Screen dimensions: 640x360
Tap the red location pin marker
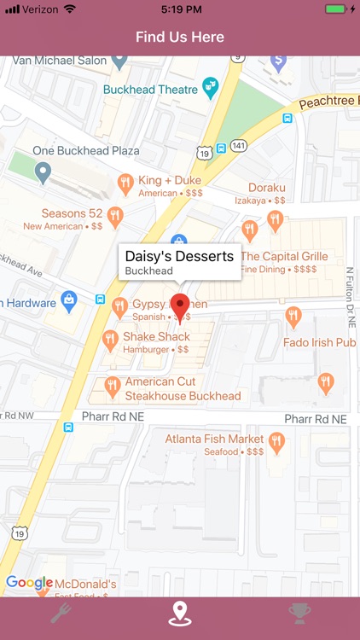pyautogui.click(x=180, y=306)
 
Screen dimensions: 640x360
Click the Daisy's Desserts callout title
pyautogui.click(x=179, y=256)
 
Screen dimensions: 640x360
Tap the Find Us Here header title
pyautogui.click(x=180, y=37)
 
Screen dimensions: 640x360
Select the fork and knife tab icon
pyautogui.click(x=61, y=614)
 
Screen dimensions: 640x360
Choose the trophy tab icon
pyautogui.click(x=299, y=614)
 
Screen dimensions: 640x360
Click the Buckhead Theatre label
pyautogui.click(x=150, y=89)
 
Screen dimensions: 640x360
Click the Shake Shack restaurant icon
pyautogui.click(x=110, y=340)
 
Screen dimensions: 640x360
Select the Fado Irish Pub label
pyautogui.click(x=319, y=342)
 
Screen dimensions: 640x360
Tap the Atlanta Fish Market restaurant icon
pyautogui.click(x=276, y=443)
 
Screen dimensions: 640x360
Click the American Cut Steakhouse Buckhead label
pyautogui.click(x=183, y=389)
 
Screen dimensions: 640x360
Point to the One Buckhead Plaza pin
pyautogui.click(x=44, y=173)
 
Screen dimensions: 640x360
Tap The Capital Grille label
pyautogui.click(x=284, y=256)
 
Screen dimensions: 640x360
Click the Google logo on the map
pyautogui.click(x=29, y=583)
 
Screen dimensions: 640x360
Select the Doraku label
pyautogui.click(x=266, y=188)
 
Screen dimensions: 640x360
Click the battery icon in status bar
pyautogui.click(x=336, y=9)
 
